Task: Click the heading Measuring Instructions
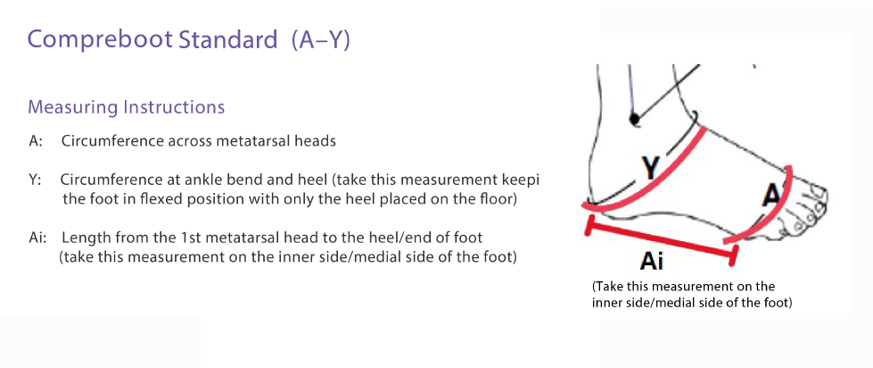(126, 107)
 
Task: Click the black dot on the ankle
(633, 118)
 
